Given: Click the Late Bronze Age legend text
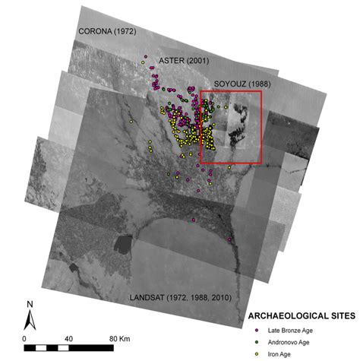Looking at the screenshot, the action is [x=288, y=330].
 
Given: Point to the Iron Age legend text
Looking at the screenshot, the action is [x=276, y=353].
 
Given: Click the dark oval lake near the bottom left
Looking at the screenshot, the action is [x=122, y=245].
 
